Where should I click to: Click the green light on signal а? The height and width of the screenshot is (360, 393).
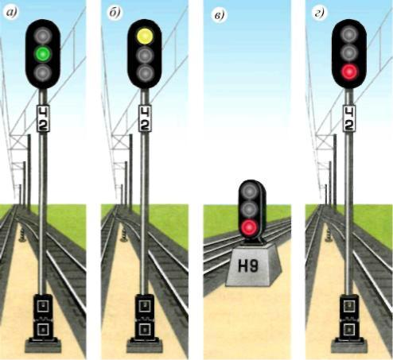(43, 54)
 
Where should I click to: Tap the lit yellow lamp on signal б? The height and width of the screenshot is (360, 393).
(145, 37)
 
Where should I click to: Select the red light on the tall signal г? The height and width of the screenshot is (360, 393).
(349, 72)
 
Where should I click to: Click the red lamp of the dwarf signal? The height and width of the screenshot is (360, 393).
(249, 227)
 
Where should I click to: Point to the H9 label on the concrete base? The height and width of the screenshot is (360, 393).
(248, 266)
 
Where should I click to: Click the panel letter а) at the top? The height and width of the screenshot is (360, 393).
(12, 13)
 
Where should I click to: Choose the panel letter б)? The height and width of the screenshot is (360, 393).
(115, 13)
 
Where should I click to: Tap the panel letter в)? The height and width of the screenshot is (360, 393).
(219, 15)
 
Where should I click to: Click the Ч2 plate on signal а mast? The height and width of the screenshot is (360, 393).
(43, 118)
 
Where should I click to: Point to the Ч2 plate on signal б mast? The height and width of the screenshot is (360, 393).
(145, 118)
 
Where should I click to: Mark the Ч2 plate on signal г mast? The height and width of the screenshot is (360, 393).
(350, 118)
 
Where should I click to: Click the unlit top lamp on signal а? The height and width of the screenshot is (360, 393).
(43, 34)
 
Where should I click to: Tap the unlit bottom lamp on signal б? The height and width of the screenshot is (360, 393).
(145, 72)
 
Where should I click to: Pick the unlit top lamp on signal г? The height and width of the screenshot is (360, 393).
(349, 34)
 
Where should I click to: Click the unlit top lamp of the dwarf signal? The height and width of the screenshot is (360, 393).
(249, 191)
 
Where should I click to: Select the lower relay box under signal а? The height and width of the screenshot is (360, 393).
(43, 329)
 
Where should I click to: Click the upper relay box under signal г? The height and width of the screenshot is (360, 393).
(349, 306)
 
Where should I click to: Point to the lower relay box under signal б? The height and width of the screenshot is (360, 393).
(145, 329)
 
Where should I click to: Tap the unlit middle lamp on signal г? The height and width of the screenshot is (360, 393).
(349, 53)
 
